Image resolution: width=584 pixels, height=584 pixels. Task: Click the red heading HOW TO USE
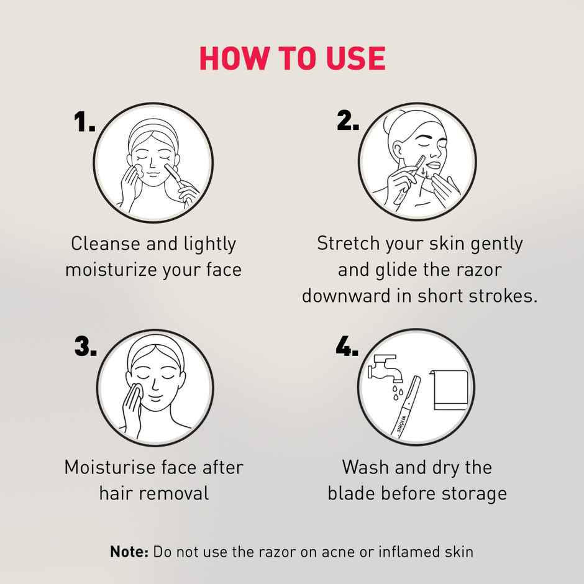[x=292, y=58]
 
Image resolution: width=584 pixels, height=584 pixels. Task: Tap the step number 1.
[x=84, y=122]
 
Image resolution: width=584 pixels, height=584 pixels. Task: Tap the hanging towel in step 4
[x=449, y=390]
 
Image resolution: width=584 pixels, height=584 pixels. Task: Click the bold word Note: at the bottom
[x=129, y=551]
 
